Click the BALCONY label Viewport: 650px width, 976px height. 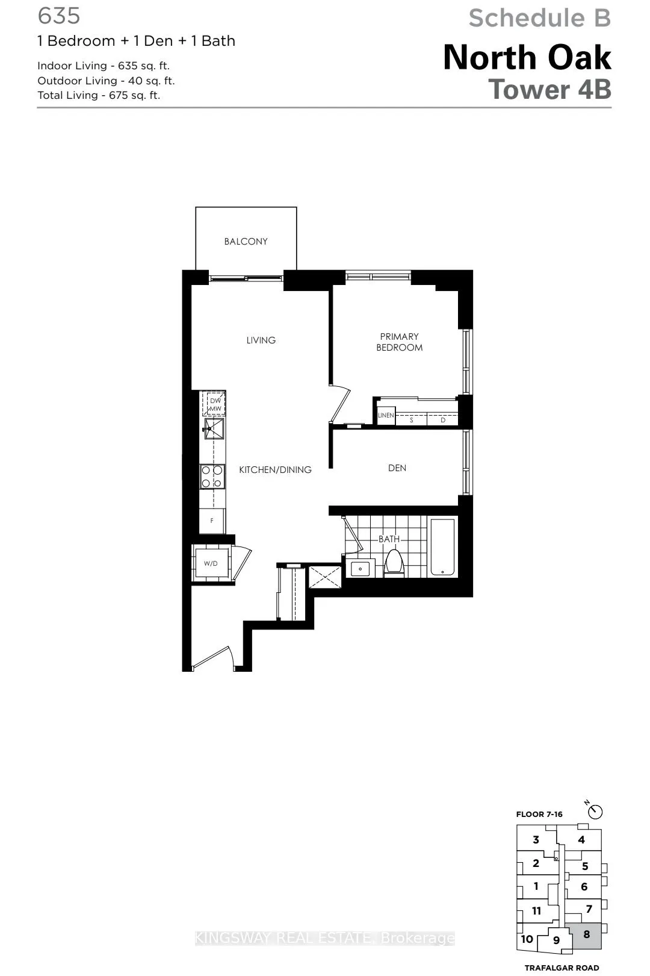[246, 242]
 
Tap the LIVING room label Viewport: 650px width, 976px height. [261, 340]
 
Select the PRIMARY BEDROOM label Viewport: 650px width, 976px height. [399, 342]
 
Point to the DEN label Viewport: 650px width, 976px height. [397, 468]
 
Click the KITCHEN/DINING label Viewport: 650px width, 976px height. [275, 470]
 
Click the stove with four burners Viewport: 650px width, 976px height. [212, 476]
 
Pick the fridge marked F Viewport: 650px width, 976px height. [212, 521]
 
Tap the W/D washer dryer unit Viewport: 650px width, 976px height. [211, 564]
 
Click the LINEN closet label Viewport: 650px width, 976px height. [385, 416]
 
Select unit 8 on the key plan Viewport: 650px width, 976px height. [586, 935]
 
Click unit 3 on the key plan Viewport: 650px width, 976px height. [536, 840]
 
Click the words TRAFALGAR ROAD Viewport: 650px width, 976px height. [562, 968]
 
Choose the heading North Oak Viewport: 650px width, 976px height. [527, 58]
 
